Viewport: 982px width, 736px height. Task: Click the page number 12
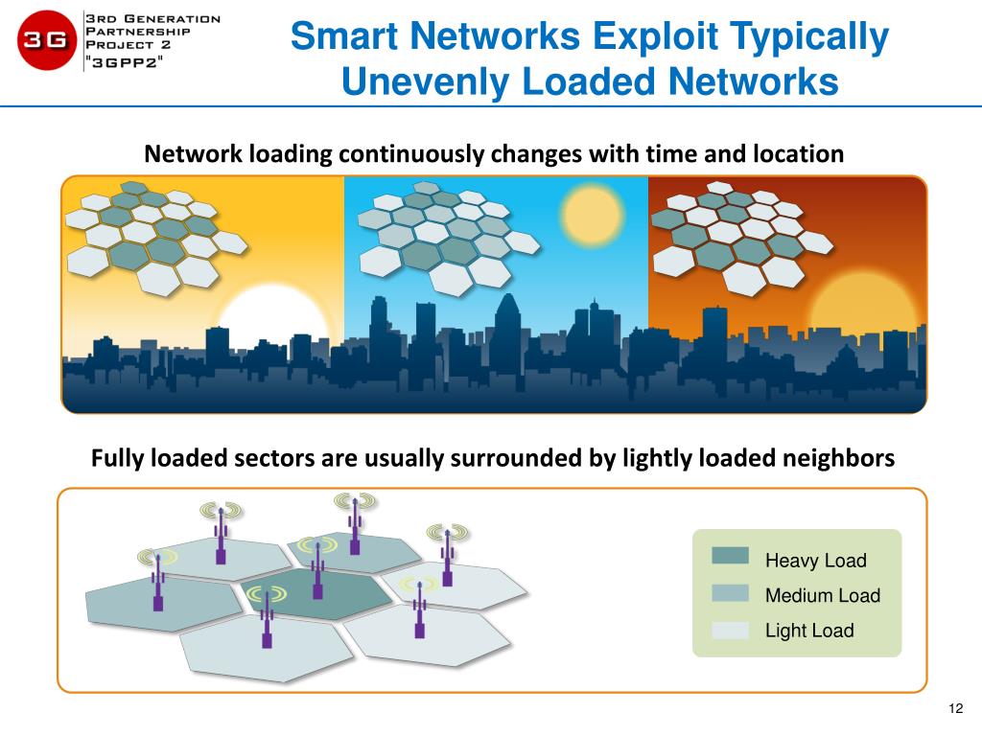[x=954, y=708]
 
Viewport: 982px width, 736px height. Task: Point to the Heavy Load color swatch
[x=730, y=556]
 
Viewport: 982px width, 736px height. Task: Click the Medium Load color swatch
[x=730, y=593]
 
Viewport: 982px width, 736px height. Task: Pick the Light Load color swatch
[x=730, y=630]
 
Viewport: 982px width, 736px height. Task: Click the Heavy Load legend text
[x=815, y=561]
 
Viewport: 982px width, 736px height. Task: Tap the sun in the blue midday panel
[x=591, y=210]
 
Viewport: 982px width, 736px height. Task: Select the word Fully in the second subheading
[x=117, y=458]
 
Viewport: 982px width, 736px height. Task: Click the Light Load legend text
[x=808, y=631]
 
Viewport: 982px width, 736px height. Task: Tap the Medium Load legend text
[x=822, y=595]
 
